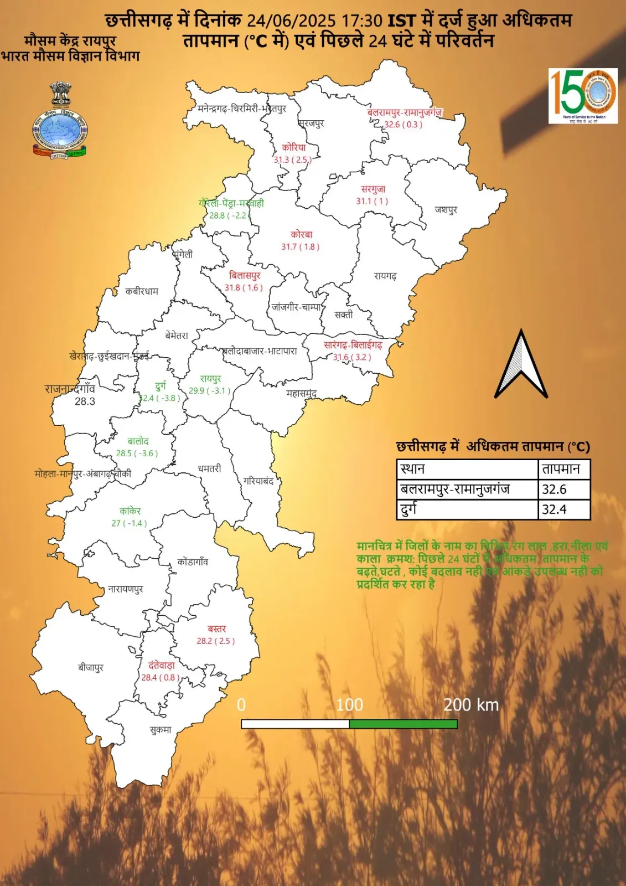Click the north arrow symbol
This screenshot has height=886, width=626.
tap(521, 365)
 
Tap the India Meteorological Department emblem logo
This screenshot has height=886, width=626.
tap(60, 121)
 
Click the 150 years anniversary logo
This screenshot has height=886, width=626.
tap(583, 95)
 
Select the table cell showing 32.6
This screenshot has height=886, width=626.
tap(563, 490)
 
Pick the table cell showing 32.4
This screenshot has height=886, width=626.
tap(563, 509)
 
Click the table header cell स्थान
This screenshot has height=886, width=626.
tap(467, 470)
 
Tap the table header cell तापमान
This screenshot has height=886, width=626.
tap(563, 470)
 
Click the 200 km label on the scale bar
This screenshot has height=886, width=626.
tap(471, 705)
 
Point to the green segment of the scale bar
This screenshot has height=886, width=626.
tap(403, 724)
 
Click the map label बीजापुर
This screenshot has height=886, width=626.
tap(91, 668)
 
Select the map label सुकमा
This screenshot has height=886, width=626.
tap(161, 730)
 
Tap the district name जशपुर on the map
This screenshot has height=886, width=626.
tap(446, 210)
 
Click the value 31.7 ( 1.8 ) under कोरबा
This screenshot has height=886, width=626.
tap(301, 247)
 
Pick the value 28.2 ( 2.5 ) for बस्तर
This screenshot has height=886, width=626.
tap(216, 641)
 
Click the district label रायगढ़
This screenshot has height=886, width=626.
tap(385, 276)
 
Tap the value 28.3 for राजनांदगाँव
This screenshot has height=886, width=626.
tap(85, 401)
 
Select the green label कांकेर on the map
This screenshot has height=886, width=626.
tap(130, 511)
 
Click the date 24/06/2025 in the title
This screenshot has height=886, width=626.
tap(291, 21)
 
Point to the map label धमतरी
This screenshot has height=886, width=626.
tap(209, 469)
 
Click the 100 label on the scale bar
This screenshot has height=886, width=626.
tap(349, 705)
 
